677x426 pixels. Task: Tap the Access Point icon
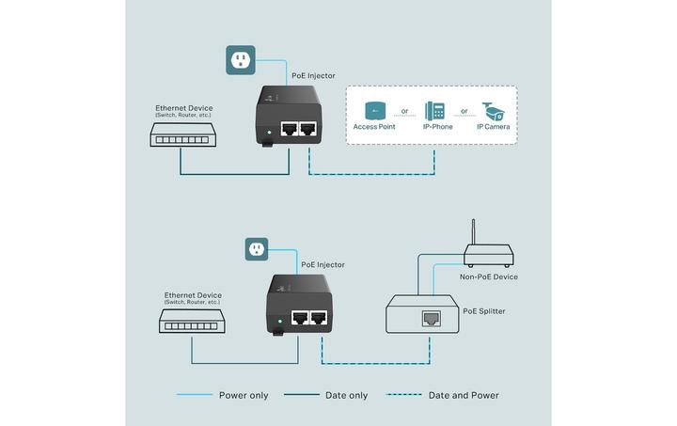(373, 108)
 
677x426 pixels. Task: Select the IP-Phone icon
(433, 108)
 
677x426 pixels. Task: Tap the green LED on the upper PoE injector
(269, 132)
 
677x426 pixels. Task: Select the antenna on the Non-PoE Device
(472, 232)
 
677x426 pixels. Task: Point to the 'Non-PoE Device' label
(489, 276)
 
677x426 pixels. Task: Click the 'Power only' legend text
(244, 395)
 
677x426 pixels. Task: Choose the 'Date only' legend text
(347, 395)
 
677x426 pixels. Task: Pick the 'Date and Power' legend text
(464, 395)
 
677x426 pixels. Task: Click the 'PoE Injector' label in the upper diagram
(314, 75)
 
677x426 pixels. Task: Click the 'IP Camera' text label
(494, 126)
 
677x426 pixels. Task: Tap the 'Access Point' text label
(374, 126)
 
